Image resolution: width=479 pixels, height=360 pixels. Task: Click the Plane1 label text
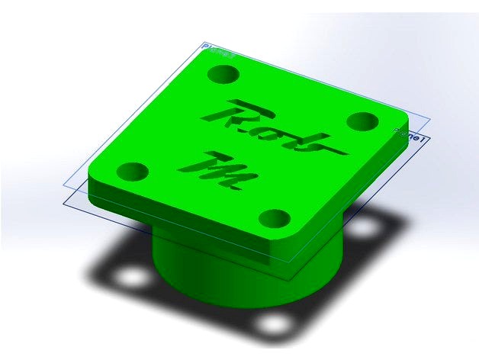pos(410,136)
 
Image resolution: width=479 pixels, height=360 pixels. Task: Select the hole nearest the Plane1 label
pos(362,121)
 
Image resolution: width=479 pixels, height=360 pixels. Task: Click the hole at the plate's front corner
pos(275,219)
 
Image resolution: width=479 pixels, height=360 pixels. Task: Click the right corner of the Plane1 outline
pos(430,137)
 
